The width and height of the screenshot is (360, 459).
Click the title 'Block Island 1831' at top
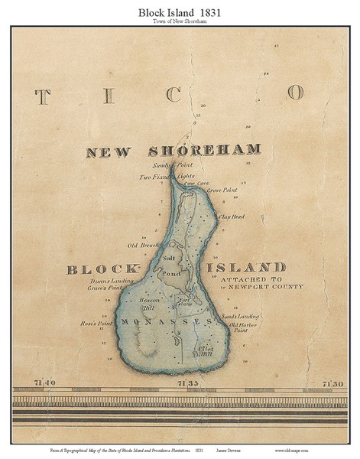(180, 12)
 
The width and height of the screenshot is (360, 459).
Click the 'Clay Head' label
(230, 217)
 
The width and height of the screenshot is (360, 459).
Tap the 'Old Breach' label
(144, 246)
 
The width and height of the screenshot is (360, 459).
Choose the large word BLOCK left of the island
(103, 269)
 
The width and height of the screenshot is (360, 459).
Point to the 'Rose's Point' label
(96, 324)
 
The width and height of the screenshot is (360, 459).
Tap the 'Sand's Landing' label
(239, 316)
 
